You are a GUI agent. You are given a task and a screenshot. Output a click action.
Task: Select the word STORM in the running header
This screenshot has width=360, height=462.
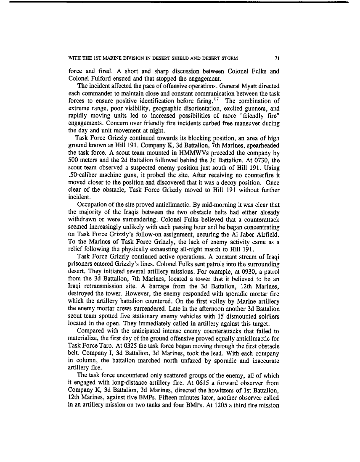point(229,58)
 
